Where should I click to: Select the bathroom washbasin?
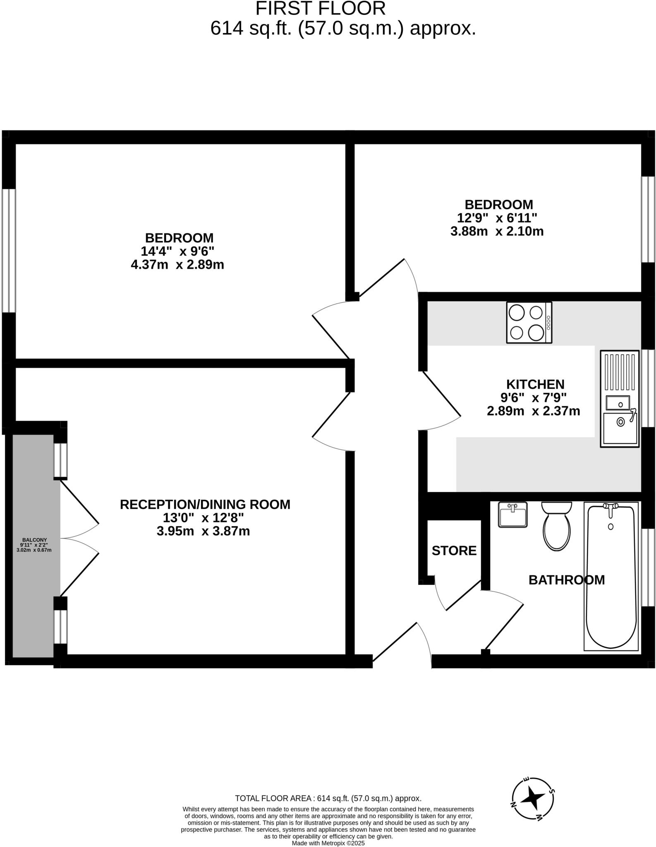point(512,514)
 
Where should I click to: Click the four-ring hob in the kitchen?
point(529,322)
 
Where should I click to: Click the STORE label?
point(454,550)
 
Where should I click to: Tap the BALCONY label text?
point(34,540)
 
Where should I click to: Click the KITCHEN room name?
point(535,384)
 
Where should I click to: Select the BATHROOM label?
point(566,580)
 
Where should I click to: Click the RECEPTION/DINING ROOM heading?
point(205,504)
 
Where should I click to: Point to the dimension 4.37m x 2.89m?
point(177,265)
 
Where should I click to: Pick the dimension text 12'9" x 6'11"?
point(497,218)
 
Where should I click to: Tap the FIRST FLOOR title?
point(320,8)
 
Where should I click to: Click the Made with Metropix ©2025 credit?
point(328,843)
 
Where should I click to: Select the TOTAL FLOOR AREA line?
point(328,798)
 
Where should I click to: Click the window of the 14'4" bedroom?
point(9,250)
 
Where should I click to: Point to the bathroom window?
point(648,567)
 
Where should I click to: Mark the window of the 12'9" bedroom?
point(648,219)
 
